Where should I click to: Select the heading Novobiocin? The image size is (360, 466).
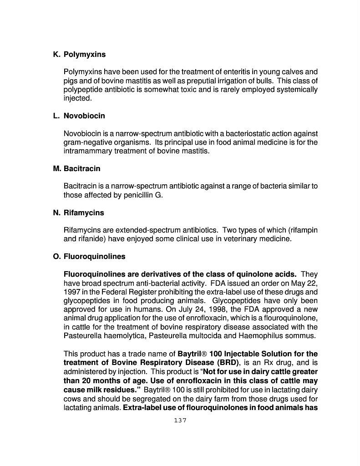click(x=84, y=116)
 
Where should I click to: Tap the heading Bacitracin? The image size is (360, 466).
click(x=82, y=169)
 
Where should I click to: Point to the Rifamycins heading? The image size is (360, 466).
click(x=84, y=213)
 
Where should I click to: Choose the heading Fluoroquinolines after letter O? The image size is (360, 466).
click(x=94, y=257)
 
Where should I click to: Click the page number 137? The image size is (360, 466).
click(x=180, y=420)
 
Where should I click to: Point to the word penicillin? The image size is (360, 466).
click(x=132, y=195)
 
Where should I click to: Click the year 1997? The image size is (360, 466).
click(x=72, y=292)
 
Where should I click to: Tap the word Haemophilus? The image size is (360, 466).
click(x=256, y=336)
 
